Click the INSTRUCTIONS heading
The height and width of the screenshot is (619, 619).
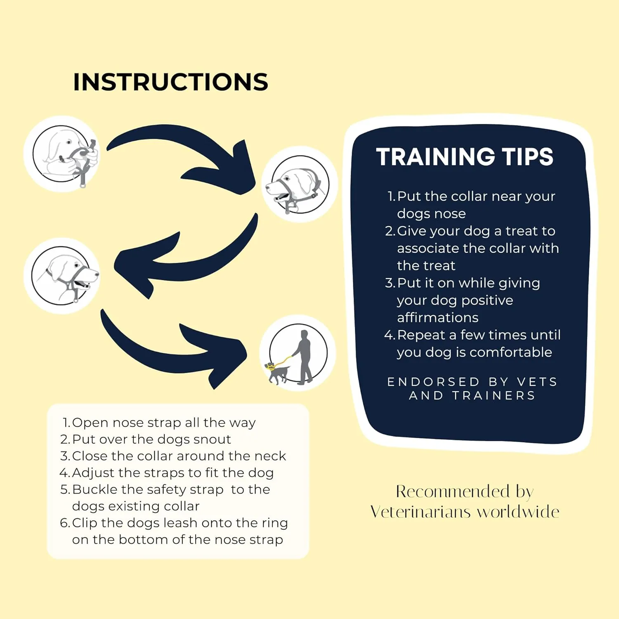(x=170, y=82)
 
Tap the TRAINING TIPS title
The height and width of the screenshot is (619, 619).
(x=465, y=157)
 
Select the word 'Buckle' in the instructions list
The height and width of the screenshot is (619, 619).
(x=95, y=489)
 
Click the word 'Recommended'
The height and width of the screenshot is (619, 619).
(x=453, y=491)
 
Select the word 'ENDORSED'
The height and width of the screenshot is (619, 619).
(x=433, y=382)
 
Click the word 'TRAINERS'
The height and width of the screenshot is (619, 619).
(x=494, y=395)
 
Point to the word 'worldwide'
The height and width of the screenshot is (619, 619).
(x=518, y=512)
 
